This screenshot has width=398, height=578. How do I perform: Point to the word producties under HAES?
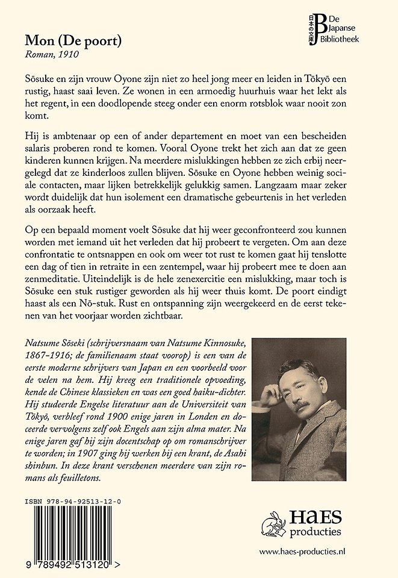click(x=315, y=532)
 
